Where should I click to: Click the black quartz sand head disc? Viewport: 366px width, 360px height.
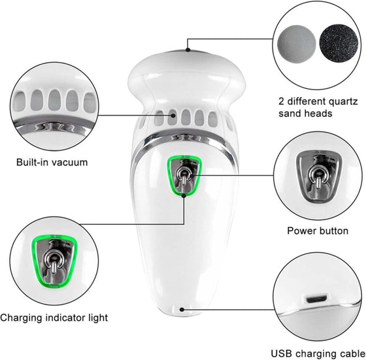pos(339,44)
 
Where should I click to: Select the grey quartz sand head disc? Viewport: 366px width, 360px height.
pos(297,44)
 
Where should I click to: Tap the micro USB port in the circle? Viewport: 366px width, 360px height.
pos(316,299)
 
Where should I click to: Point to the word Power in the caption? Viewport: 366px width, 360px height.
pos(301,231)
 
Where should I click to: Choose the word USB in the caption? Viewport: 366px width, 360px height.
pos(282,353)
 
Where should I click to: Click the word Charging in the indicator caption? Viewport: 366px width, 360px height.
pos(21,318)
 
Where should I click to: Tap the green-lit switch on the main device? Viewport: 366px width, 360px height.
pos(184,175)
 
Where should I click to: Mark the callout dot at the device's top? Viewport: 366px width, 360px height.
pos(188,50)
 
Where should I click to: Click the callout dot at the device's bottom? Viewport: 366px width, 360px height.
pos(182,310)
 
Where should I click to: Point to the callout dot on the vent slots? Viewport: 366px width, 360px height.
pos(173,115)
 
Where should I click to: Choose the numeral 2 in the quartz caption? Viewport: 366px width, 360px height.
pos(282,101)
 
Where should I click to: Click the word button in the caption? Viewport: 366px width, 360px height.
pos(334,231)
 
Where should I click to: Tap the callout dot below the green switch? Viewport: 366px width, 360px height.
pos(184,196)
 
